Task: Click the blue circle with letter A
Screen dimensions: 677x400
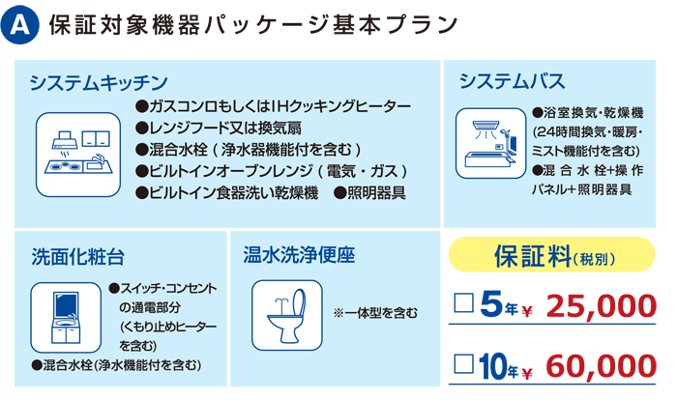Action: [20, 25]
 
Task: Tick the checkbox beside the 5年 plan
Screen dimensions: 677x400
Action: [464, 302]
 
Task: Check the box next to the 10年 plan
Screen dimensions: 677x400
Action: [464, 363]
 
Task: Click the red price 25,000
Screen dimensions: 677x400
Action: [602, 306]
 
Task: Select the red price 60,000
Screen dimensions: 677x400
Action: [602, 366]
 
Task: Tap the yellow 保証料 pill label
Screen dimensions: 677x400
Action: [552, 254]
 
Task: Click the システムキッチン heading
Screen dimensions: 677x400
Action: [99, 82]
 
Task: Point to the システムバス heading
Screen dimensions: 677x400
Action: [512, 81]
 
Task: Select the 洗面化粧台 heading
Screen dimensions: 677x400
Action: [78, 257]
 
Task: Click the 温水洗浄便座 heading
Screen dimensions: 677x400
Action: [299, 254]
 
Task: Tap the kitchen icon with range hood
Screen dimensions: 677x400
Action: [78, 155]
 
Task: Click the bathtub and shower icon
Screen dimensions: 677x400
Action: [491, 143]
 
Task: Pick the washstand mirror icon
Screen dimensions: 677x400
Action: [66, 318]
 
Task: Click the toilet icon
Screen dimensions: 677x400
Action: [287, 315]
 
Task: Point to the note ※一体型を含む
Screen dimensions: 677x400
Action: [375, 313]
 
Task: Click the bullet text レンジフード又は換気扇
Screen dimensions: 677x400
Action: [219, 128]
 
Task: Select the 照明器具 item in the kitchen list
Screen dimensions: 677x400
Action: [370, 192]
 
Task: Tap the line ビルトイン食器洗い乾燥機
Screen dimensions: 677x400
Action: [227, 192]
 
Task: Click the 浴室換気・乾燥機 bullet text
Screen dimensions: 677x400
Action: [588, 113]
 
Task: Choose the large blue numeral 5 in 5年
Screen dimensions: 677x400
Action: [491, 303]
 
